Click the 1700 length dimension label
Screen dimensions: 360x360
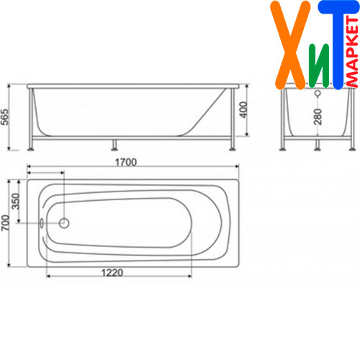(126, 163)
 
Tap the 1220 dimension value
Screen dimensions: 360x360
(112, 273)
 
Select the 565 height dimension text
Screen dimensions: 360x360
(5, 117)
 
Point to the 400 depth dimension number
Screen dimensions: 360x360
(243, 109)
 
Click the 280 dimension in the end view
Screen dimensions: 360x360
(318, 117)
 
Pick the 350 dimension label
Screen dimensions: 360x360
(16, 201)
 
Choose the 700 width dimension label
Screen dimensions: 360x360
(5, 223)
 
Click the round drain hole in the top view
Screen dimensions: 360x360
(64, 223)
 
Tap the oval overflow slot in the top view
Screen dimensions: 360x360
(42, 223)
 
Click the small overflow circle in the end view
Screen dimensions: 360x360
(318, 93)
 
